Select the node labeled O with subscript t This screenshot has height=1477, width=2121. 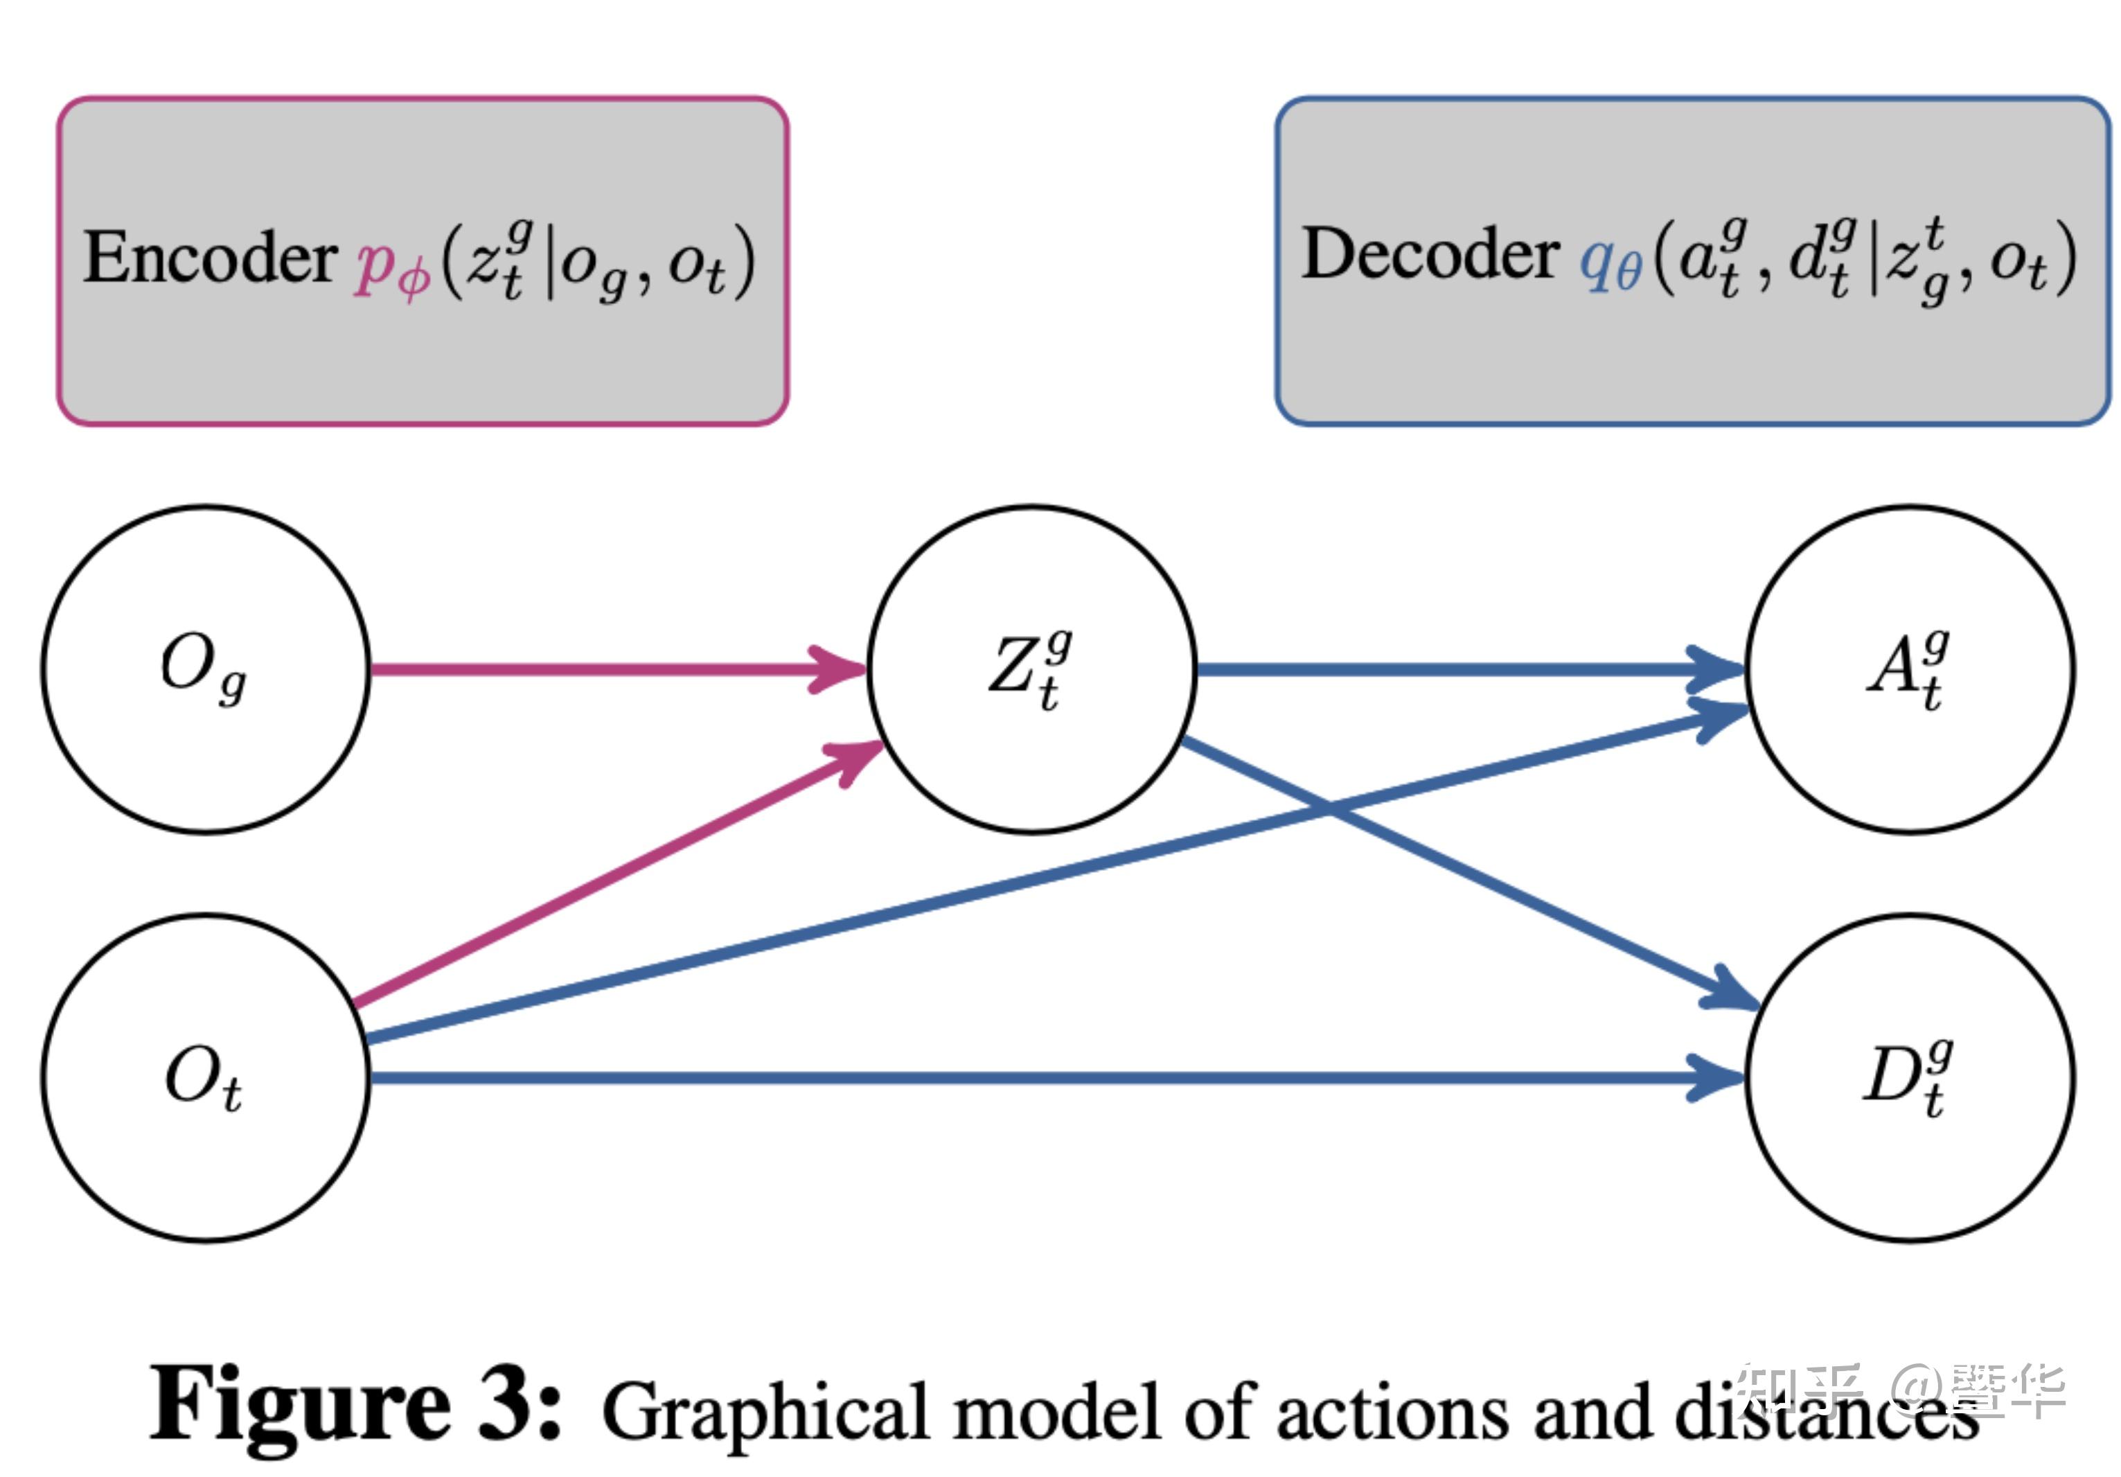tap(205, 1077)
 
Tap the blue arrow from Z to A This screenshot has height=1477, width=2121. tap(1459, 669)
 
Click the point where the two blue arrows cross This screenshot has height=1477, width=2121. tap(1329, 808)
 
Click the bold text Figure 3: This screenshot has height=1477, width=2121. tap(355, 1406)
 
